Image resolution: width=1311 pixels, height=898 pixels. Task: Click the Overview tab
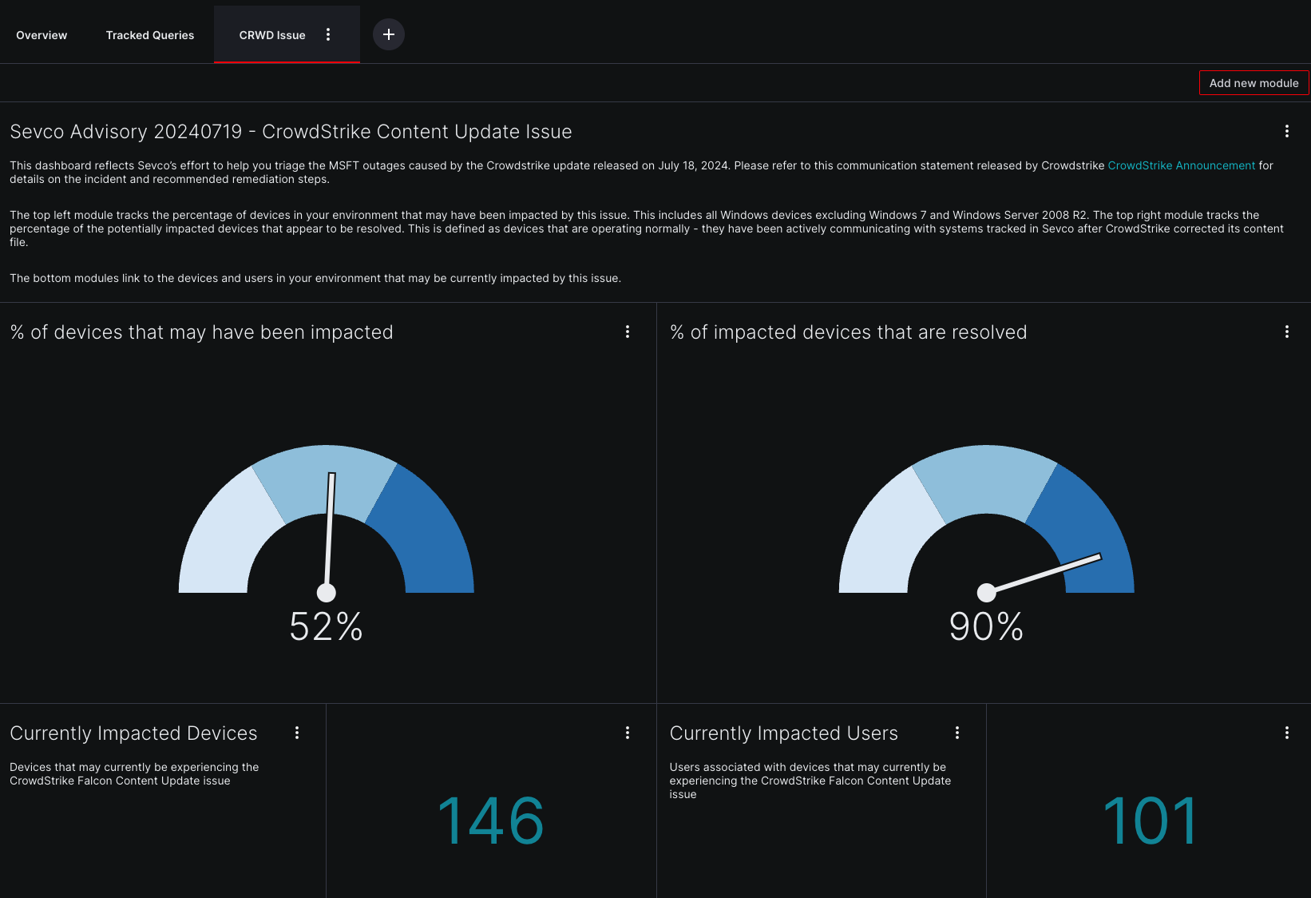pos(42,35)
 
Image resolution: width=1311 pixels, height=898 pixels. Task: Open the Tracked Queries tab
pos(150,35)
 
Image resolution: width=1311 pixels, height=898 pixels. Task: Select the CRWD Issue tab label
pos(272,35)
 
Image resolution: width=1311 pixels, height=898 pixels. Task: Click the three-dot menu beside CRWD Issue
pos(328,34)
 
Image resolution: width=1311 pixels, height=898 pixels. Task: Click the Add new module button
pos(1254,83)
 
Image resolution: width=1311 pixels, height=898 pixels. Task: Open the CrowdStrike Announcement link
pos(1181,165)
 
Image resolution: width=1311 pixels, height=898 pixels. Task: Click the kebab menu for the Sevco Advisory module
pos(1286,131)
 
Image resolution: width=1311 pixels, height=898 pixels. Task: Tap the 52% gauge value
pos(326,626)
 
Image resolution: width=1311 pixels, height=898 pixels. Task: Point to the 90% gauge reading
pos(986,626)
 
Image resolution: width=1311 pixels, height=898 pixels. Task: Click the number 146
pos(491,821)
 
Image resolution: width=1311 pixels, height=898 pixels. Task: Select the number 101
pos(1150,821)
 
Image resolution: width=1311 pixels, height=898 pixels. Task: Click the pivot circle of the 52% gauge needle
pos(327,592)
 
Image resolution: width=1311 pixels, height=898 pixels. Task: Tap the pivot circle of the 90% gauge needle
pos(987,592)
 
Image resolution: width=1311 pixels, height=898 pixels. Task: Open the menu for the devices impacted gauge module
pos(628,332)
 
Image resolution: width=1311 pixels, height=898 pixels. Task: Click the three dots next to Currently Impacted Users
pos(957,733)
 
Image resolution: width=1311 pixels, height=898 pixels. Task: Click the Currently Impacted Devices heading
pos(133,733)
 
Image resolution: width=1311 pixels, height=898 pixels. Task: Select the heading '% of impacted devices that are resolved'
pos(848,332)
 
